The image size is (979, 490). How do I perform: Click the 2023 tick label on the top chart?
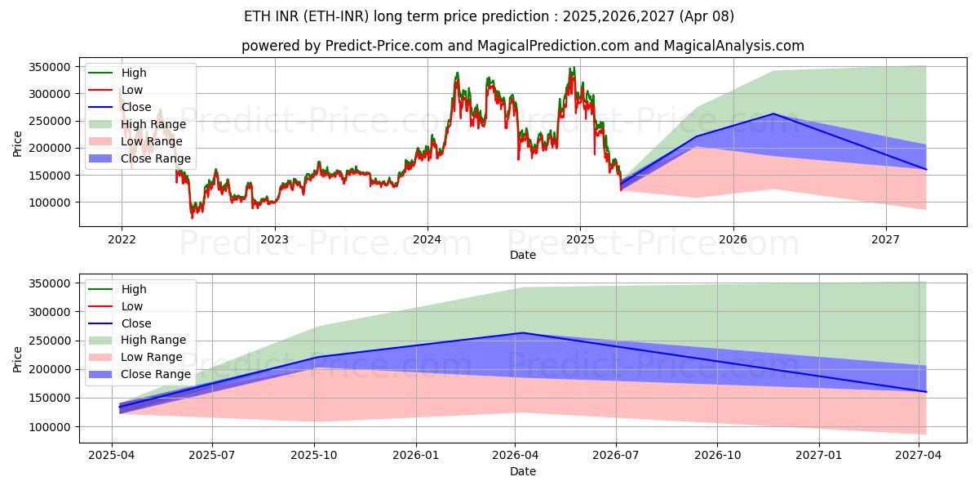point(274,240)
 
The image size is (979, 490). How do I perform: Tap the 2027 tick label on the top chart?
point(886,240)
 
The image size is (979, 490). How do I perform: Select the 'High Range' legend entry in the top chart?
point(153,124)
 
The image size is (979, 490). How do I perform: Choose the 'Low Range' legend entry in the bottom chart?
point(152,357)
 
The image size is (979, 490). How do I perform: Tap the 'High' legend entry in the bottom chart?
point(134,289)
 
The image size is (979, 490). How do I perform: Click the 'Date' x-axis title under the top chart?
point(523,255)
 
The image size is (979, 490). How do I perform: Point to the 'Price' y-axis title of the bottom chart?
point(18,358)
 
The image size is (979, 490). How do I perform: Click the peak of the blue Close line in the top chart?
point(773,114)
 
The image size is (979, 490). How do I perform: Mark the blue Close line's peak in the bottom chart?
point(522,332)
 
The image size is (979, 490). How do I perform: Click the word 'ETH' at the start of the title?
point(258,16)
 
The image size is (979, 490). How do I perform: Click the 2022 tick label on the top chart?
point(122,240)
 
